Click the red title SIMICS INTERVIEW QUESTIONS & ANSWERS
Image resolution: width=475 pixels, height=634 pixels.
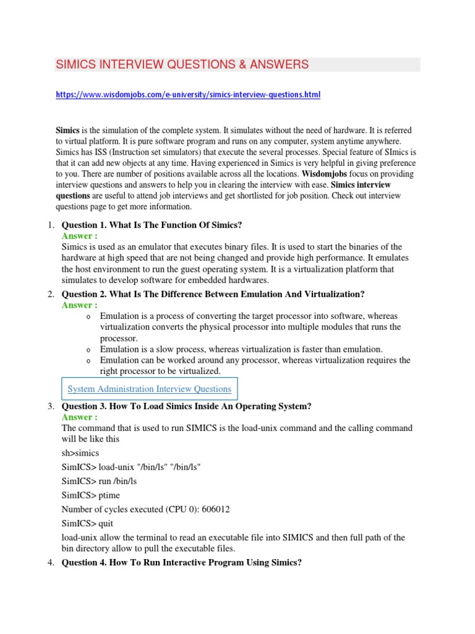point(182,65)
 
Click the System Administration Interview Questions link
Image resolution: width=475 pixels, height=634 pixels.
point(149,389)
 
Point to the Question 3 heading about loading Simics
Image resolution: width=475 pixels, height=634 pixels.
point(186,406)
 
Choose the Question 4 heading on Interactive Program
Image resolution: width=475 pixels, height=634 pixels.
point(181,563)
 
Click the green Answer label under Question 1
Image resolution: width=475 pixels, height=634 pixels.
point(79,236)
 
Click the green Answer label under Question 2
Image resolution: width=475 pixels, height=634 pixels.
point(79,305)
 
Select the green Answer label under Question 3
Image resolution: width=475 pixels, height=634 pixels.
point(79,417)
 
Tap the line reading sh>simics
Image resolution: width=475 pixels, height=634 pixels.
point(80,453)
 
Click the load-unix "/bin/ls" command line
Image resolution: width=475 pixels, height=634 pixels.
point(131,467)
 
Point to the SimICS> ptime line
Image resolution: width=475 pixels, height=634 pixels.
point(91,495)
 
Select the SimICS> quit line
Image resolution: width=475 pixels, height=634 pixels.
point(88,523)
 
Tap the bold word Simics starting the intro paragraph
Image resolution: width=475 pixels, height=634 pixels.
point(67,131)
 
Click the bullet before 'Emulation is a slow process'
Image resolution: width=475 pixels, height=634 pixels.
point(89,350)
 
